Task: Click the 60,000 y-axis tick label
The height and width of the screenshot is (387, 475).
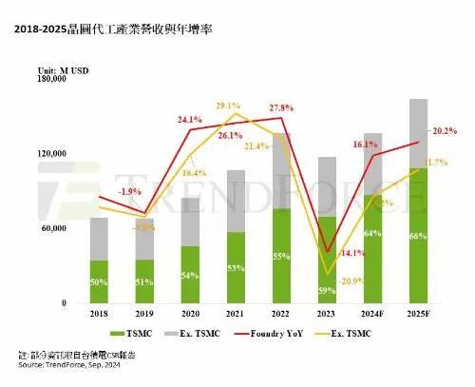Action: [49, 229]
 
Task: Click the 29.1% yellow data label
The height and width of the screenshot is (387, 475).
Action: [228, 106]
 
